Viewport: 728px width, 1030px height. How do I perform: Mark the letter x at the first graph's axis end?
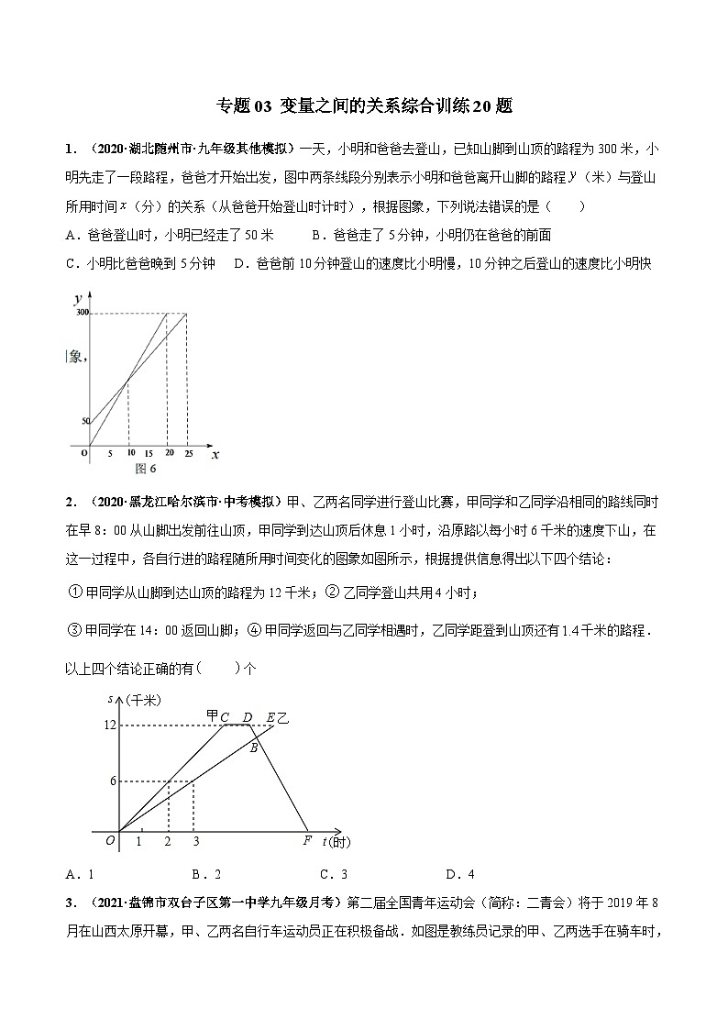point(215,454)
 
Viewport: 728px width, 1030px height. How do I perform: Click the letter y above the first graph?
point(79,298)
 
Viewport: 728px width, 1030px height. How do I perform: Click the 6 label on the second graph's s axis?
point(112,781)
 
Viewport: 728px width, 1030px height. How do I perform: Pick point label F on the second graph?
point(307,840)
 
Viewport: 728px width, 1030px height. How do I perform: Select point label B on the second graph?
point(254,747)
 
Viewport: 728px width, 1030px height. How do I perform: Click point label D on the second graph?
point(247,716)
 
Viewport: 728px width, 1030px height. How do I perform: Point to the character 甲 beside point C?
point(213,715)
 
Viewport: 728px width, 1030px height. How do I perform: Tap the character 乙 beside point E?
point(282,716)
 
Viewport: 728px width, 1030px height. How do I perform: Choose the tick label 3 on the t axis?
point(194,841)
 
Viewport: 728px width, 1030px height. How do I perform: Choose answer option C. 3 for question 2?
point(333,873)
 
